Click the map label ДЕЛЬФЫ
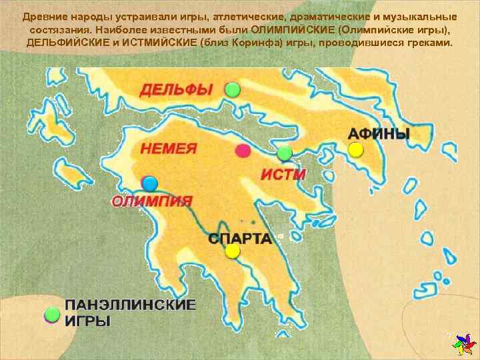(x=176, y=89)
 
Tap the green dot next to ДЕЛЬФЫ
(x=231, y=89)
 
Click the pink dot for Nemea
(x=243, y=151)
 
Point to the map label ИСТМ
(x=283, y=175)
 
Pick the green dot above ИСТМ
(x=285, y=153)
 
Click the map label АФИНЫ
(x=379, y=133)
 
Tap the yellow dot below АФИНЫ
(x=356, y=149)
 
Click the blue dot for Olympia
(x=149, y=183)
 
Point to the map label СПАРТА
(x=239, y=238)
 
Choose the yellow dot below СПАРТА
(x=232, y=251)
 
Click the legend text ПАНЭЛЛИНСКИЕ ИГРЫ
(x=130, y=313)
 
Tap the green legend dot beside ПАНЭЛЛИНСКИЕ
(x=51, y=315)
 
